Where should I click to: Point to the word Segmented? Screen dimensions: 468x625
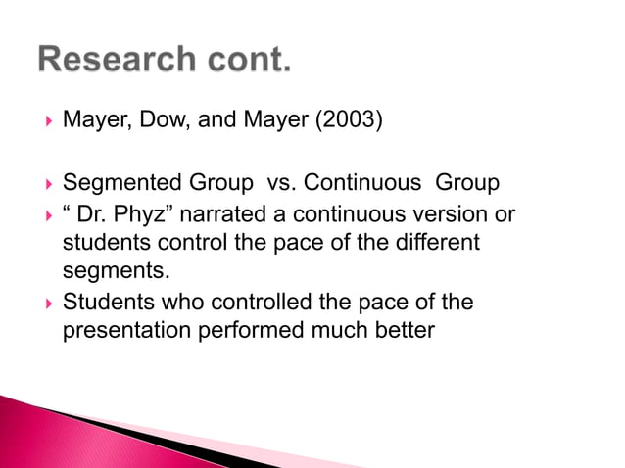tap(121, 183)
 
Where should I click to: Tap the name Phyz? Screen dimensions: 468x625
tap(141, 213)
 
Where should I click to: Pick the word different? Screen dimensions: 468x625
tap(435, 242)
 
